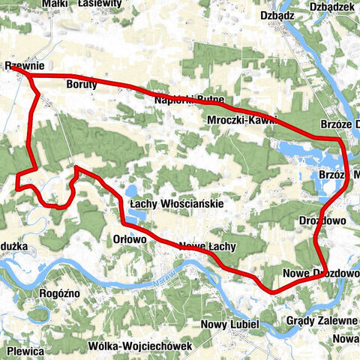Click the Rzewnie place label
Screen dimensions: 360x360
click(24, 66)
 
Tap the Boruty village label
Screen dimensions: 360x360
click(82, 84)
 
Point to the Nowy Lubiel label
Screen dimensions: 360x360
click(230, 325)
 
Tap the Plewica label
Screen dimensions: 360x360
click(25, 350)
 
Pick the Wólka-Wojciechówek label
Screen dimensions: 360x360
click(140, 346)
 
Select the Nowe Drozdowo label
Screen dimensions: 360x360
click(322, 272)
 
